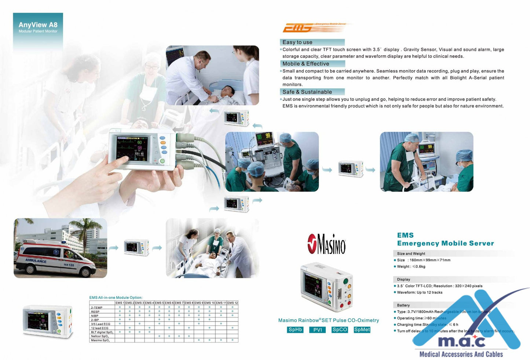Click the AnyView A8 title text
click(x=38, y=25)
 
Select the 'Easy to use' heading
click(x=297, y=42)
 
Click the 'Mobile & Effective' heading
click(x=306, y=64)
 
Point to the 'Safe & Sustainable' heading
click(x=307, y=92)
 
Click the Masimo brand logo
click(x=326, y=244)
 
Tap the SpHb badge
click(x=295, y=330)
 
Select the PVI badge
click(x=318, y=330)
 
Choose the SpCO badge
click(x=340, y=330)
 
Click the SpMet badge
click(x=362, y=330)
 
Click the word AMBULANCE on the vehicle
click(x=36, y=261)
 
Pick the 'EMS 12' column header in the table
click(x=233, y=303)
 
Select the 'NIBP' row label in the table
click(x=95, y=316)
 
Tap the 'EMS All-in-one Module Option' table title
click(x=116, y=298)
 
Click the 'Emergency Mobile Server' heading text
click(x=445, y=243)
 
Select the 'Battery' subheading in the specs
click(x=403, y=305)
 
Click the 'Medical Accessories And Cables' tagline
click(x=461, y=354)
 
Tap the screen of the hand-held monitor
click(x=131, y=148)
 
